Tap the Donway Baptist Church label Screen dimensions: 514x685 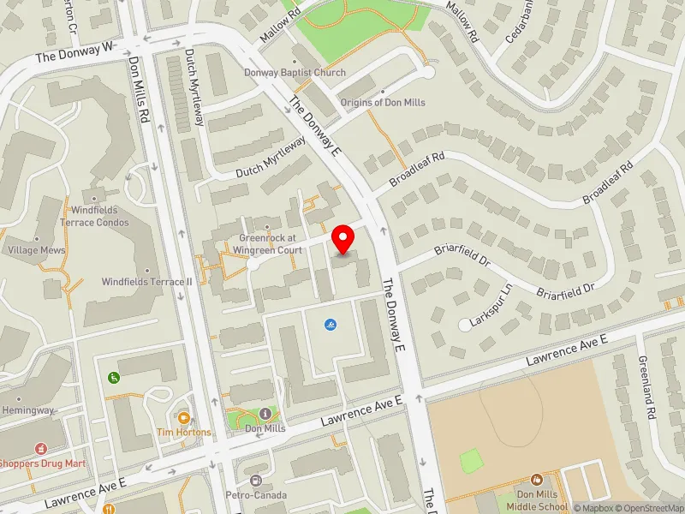pyautogui.click(x=295, y=73)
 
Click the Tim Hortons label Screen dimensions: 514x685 pyautogui.click(x=183, y=432)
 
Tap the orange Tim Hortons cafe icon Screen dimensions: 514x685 pyautogui.click(x=183, y=418)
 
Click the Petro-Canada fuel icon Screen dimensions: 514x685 pyautogui.click(x=256, y=481)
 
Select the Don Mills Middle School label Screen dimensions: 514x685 pyautogui.click(x=537, y=501)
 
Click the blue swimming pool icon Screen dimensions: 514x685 pyautogui.click(x=331, y=325)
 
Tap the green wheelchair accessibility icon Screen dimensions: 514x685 pyautogui.click(x=113, y=377)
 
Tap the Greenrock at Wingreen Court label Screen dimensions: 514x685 pyautogui.click(x=267, y=243)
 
